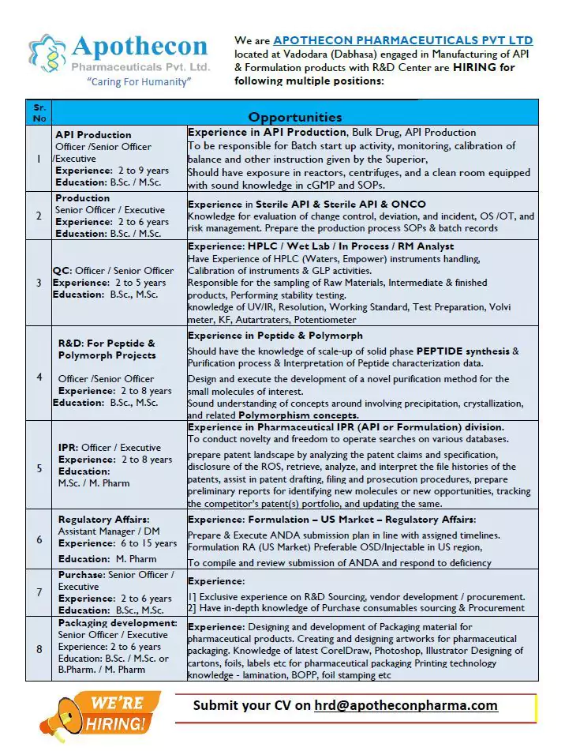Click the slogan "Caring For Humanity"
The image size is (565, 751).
[x=138, y=82]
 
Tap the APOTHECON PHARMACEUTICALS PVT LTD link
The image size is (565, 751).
[x=402, y=40]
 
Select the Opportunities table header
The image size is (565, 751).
[x=295, y=117]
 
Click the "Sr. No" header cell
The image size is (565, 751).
[x=39, y=111]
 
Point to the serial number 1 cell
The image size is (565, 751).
[x=39, y=159]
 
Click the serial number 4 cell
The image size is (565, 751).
[x=39, y=377]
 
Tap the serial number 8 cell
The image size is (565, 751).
[x=39, y=649]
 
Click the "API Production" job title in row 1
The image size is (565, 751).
[x=93, y=135]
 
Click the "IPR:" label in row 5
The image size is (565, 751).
[x=68, y=448]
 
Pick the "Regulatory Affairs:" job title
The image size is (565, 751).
[x=103, y=520]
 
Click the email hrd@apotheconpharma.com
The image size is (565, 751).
[x=406, y=705]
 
